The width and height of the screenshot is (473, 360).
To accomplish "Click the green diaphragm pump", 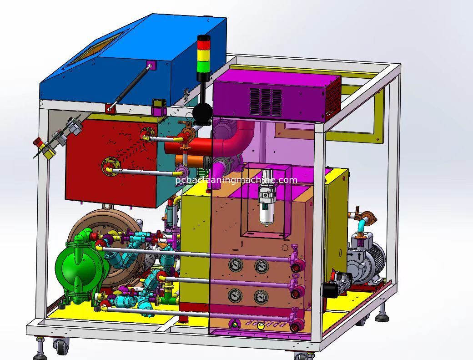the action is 81,265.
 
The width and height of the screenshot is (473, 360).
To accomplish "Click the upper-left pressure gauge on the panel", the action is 234,265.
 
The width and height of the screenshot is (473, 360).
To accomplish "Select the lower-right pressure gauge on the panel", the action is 261,297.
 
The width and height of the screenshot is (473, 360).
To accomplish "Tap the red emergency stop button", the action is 38,141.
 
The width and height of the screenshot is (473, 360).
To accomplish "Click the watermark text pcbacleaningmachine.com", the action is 236,180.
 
